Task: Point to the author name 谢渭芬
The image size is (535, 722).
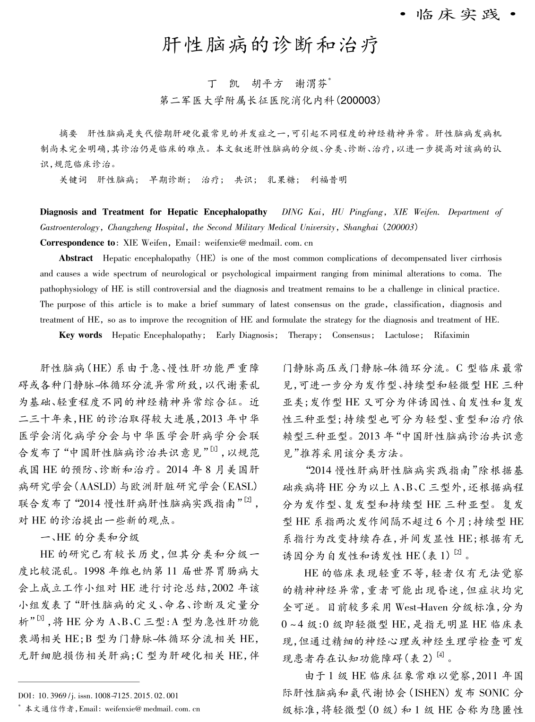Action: pyautogui.click(x=311, y=84)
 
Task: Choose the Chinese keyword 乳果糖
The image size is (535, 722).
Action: pyautogui.click(x=281, y=180)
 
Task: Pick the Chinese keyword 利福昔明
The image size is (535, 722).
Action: pyautogui.click(x=328, y=180)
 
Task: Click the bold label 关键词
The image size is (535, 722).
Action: pyautogui.click(x=73, y=180)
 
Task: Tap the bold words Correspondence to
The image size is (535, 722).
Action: pyautogui.click(x=77, y=243)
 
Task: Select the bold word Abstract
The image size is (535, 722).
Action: pyautogui.click(x=76, y=258)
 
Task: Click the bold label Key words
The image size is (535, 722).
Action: pyautogui.click(x=80, y=335)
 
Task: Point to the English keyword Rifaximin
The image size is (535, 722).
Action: pyautogui.click(x=451, y=335)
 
